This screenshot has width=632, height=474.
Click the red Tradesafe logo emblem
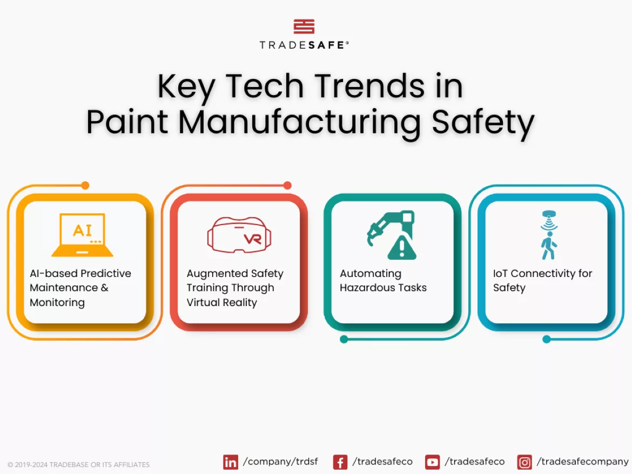tap(304, 26)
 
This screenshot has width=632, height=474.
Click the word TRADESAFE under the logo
tap(304, 45)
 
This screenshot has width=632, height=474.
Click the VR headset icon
tap(239, 235)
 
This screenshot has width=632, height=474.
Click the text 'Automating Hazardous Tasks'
tap(383, 281)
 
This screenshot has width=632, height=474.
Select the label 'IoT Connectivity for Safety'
tap(542, 281)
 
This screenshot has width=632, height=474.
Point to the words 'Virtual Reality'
tap(221, 302)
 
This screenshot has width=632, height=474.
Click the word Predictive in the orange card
tap(106, 274)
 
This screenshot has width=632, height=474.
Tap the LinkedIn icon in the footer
tap(231, 462)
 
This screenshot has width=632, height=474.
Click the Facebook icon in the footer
tap(340, 462)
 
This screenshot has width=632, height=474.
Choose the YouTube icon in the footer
tap(432, 462)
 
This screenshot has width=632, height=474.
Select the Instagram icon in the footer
tap(524, 462)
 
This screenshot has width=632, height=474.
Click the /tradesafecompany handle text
tap(582, 462)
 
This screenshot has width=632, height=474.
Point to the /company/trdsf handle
tap(280, 462)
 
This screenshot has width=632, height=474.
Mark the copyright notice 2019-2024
tap(78, 464)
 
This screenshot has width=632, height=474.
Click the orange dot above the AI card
tap(85, 185)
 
